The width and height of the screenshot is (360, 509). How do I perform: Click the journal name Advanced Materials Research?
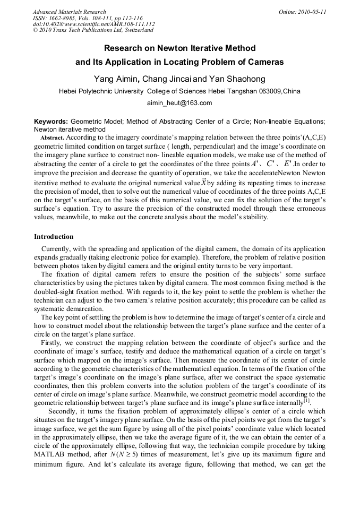[x=69, y=12]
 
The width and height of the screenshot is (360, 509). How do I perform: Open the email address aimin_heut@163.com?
[x=179, y=103]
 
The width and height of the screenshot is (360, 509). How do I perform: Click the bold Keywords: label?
[x=51, y=122]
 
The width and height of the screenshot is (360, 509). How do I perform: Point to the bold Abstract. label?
[x=53, y=137]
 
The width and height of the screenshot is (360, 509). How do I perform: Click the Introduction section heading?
[x=54, y=236]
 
